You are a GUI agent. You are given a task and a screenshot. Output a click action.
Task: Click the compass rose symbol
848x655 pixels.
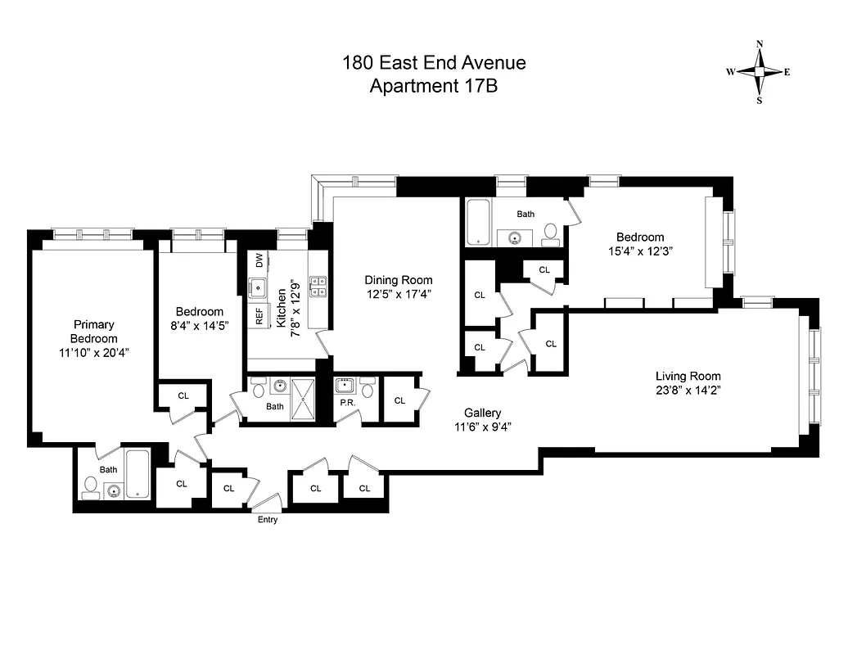pyautogui.click(x=759, y=72)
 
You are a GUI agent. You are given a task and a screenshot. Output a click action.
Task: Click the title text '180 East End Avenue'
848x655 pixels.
pyautogui.click(x=434, y=63)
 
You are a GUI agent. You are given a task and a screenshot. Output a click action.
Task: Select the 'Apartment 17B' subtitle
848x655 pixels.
pyautogui.click(x=434, y=86)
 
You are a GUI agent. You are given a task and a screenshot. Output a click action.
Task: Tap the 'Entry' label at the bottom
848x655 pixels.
pyautogui.click(x=267, y=519)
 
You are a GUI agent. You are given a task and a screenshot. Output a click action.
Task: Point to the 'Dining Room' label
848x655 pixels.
pyautogui.click(x=399, y=280)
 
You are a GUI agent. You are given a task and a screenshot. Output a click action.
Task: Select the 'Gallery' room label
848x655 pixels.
pyautogui.click(x=482, y=413)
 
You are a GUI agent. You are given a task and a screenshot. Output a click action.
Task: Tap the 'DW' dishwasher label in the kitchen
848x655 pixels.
pyautogui.click(x=259, y=261)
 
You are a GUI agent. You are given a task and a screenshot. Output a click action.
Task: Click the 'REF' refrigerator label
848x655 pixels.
pyautogui.click(x=259, y=316)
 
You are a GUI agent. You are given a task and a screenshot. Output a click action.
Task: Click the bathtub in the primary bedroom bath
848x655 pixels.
pyautogui.click(x=138, y=473)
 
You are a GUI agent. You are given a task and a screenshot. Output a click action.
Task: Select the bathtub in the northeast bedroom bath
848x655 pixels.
pyautogui.click(x=478, y=222)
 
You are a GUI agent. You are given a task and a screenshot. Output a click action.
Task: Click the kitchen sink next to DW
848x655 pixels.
pyautogui.click(x=259, y=287)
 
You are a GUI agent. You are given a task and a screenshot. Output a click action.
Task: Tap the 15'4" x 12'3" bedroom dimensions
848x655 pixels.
pyautogui.click(x=641, y=252)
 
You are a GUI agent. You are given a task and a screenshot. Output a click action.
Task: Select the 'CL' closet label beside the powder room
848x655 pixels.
pyautogui.click(x=399, y=400)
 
